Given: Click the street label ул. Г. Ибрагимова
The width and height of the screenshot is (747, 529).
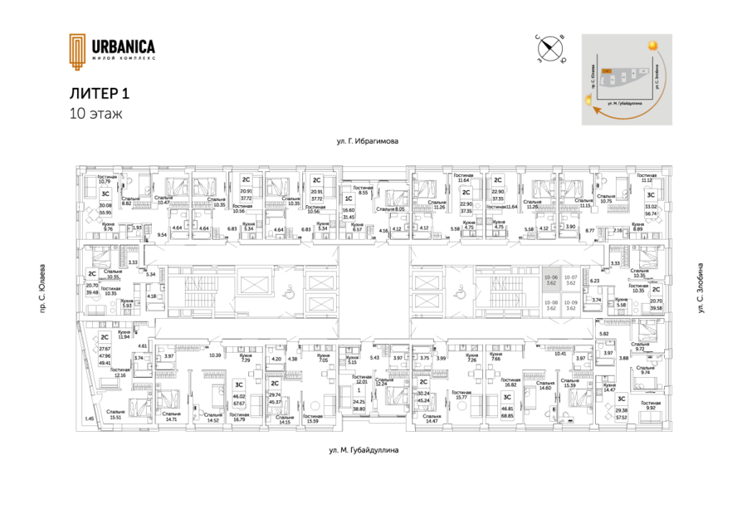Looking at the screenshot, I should point(368,142).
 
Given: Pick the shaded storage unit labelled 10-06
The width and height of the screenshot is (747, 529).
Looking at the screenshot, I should point(550,281).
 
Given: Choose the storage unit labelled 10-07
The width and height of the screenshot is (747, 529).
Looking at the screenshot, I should point(570,281).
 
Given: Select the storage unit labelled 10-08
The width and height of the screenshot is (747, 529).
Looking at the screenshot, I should point(550,305).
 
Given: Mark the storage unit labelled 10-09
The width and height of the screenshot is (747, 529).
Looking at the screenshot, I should point(570,305).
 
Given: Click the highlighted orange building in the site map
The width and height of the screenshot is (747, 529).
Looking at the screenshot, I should point(608,71).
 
